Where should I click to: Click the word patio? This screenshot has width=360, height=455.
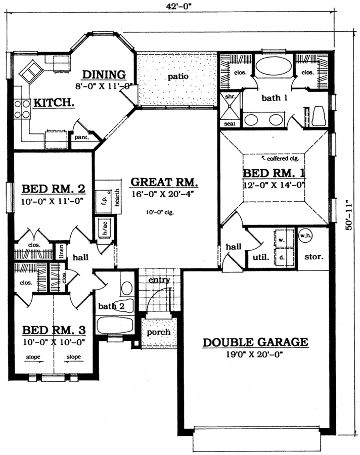coord(175,77)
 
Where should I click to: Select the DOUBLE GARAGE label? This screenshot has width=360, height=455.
coord(255,342)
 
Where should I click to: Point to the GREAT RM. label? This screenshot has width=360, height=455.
coord(164,182)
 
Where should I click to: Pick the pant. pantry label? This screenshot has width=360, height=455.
coord(81,136)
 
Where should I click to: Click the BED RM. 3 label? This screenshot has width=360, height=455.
coord(54,330)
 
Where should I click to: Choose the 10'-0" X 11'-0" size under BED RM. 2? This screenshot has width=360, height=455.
coord(53,201)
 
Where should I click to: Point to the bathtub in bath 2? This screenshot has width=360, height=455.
coord(114,324)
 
